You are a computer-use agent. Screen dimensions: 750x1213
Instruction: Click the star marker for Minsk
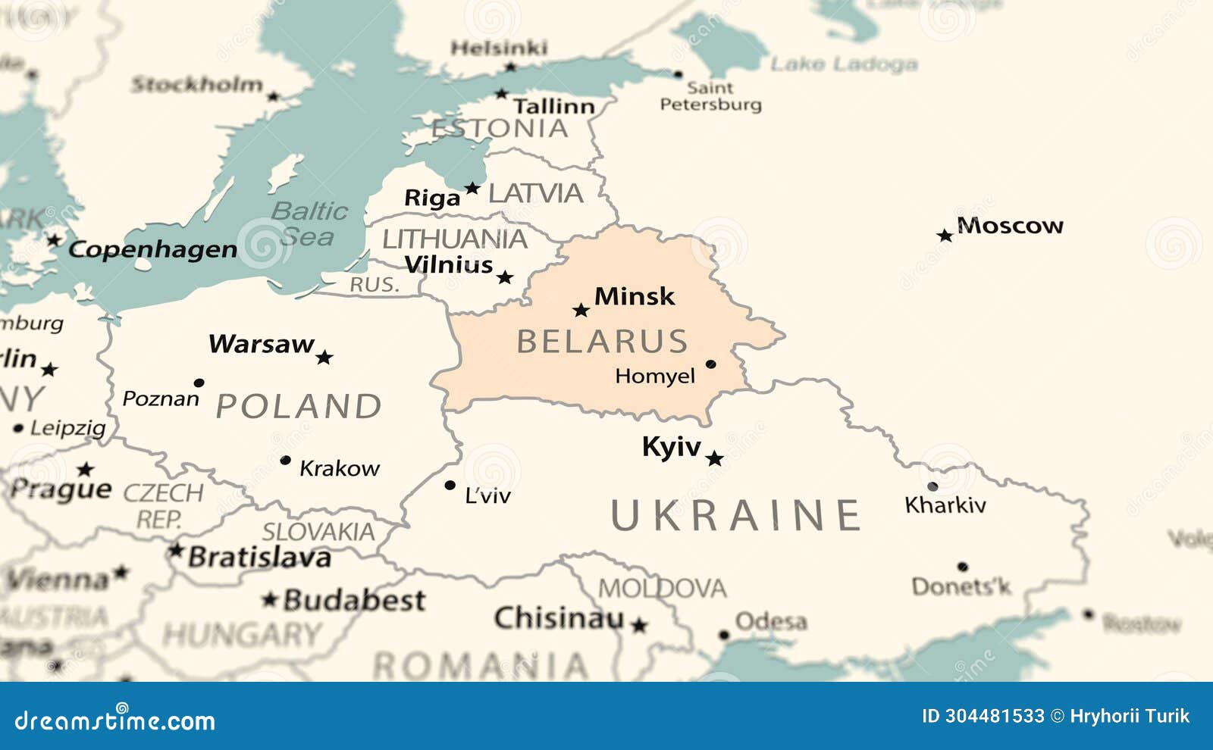tap(581, 311)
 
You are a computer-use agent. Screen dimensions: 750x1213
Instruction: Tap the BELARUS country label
tap(602, 342)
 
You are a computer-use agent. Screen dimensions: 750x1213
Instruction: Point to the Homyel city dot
tap(710, 364)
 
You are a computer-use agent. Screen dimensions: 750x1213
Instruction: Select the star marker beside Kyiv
tap(714, 458)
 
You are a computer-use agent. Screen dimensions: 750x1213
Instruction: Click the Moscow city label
tap(1010, 226)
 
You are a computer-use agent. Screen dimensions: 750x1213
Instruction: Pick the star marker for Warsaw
tap(324, 357)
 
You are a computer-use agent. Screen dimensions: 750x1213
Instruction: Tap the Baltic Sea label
tap(309, 223)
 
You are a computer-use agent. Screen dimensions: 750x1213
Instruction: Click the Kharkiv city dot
tap(932, 486)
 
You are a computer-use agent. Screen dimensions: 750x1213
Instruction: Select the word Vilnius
tap(449, 265)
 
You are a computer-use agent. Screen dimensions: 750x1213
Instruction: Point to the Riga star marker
tap(472, 188)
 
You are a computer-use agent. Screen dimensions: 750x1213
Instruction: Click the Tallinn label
tap(553, 106)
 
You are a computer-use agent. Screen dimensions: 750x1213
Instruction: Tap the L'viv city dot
tap(450, 485)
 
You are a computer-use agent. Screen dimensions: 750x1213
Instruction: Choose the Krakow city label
tap(340, 469)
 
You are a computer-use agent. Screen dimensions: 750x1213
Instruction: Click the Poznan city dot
tap(199, 383)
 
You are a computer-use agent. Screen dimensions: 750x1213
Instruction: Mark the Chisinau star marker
tap(639, 625)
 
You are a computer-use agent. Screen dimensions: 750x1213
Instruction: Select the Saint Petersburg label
tap(710, 96)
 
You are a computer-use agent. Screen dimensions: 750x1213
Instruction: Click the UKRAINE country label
tap(735, 516)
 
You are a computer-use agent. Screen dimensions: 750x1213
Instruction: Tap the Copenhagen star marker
tap(54, 240)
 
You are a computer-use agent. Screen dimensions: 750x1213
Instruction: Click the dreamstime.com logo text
tap(115, 720)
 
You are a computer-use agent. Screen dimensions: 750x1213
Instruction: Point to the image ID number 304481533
tap(994, 716)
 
